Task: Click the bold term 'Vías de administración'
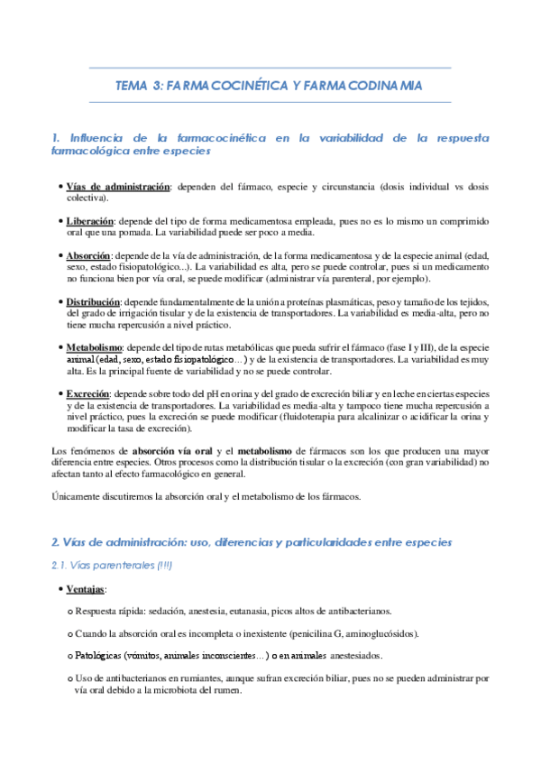point(118,187)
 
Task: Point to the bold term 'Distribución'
point(93,301)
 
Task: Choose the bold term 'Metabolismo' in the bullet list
point(94,348)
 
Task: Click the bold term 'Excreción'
point(87,394)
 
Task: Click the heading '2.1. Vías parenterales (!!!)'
point(112,566)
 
